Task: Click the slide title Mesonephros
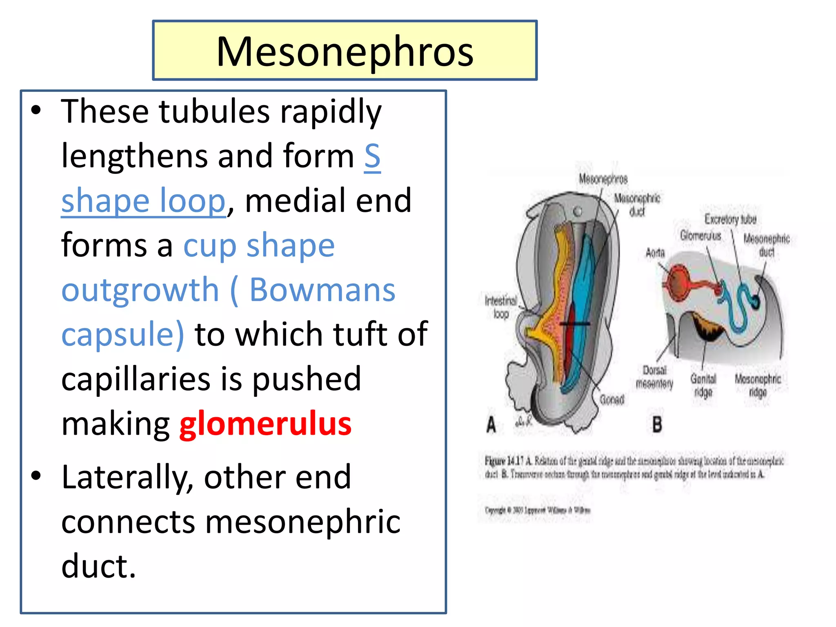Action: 345,51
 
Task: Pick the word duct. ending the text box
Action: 98,566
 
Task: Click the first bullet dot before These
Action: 36,110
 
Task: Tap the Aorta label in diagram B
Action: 655,253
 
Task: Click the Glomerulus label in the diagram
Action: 700,236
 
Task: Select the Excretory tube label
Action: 730,219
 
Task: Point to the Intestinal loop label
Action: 501,307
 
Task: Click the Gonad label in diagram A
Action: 612,399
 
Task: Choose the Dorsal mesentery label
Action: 654,377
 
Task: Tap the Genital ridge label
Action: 703,385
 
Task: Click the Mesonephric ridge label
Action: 758,385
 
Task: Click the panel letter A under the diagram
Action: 491,425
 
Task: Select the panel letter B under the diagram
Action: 657,425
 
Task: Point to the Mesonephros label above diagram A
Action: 603,179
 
